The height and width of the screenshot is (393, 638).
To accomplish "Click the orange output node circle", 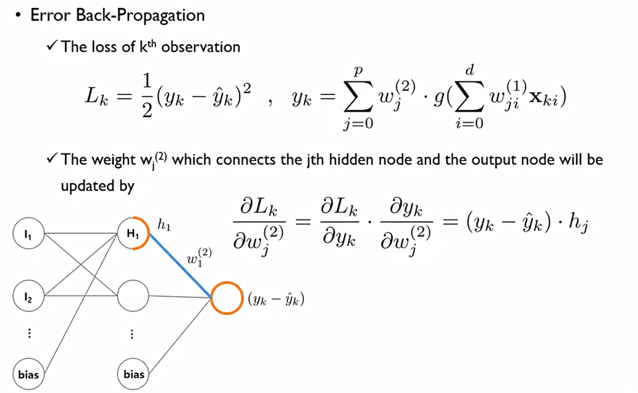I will point(226,299).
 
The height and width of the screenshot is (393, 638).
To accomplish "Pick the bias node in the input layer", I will point(28,373).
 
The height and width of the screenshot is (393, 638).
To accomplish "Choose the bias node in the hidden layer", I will point(134,373).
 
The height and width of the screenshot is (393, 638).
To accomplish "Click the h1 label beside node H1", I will point(164,225).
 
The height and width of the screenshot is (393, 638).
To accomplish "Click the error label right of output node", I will point(277,300).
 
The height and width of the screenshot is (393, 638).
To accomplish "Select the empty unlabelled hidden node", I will point(134,297).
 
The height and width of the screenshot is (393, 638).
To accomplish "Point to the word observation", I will point(201,46).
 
